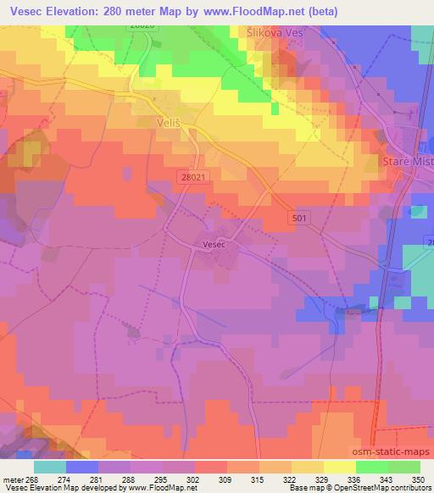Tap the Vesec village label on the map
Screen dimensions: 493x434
(x=214, y=244)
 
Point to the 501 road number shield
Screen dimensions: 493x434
(x=298, y=218)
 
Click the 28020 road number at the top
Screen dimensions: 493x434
(x=142, y=26)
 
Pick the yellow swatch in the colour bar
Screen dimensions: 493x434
(x=338, y=467)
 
